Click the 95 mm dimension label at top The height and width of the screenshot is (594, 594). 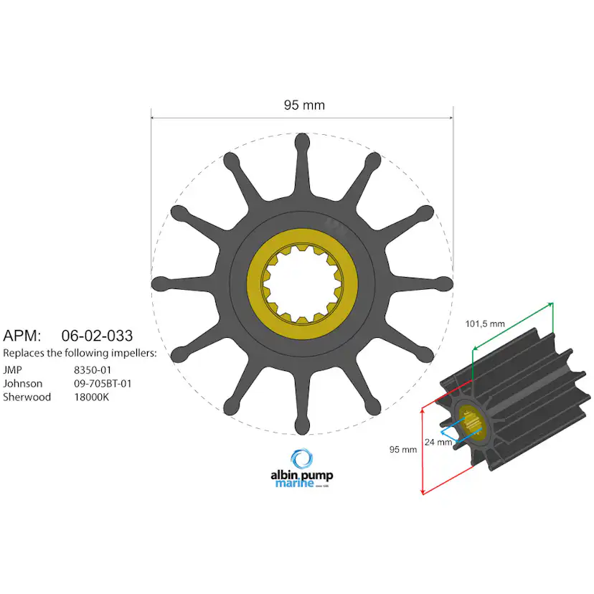pyautogui.click(x=304, y=105)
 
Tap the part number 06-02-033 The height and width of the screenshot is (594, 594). pyautogui.click(x=97, y=335)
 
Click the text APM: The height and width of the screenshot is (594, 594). pyautogui.click(x=23, y=335)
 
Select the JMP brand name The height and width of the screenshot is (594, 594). pyautogui.click(x=13, y=369)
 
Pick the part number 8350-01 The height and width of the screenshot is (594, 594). pyautogui.click(x=93, y=369)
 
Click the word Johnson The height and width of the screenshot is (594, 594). pyautogui.click(x=22, y=383)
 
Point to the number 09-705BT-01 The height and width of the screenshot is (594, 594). pyautogui.click(x=103, y=383)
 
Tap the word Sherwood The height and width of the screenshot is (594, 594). pyautogui.click(x=27, y=397)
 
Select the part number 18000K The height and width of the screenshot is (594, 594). pyautogui.click(x=91, y=397)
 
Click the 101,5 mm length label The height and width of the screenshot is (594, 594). pyautogui.click(x=486, y=324)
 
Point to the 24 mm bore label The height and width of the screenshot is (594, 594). pyautogui.click(x=438, y=443)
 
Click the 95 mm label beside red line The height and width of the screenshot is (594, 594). pyautogui.click(x=403, y=450)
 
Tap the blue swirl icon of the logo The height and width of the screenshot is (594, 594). pyautogui.click(x=302, y=459)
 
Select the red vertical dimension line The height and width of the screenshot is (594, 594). pyautogui.click(x=421, y=451)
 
